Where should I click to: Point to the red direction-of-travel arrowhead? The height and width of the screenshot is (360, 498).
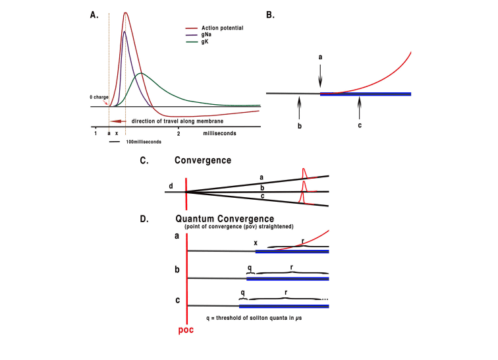coord(115,121)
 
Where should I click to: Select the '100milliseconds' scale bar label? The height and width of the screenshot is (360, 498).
coord(143,141)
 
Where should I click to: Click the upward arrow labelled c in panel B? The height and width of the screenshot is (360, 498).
coord(360,105)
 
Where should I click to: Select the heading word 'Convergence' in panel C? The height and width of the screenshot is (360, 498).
coord(203,160)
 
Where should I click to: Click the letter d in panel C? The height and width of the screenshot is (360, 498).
coord(171,184)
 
